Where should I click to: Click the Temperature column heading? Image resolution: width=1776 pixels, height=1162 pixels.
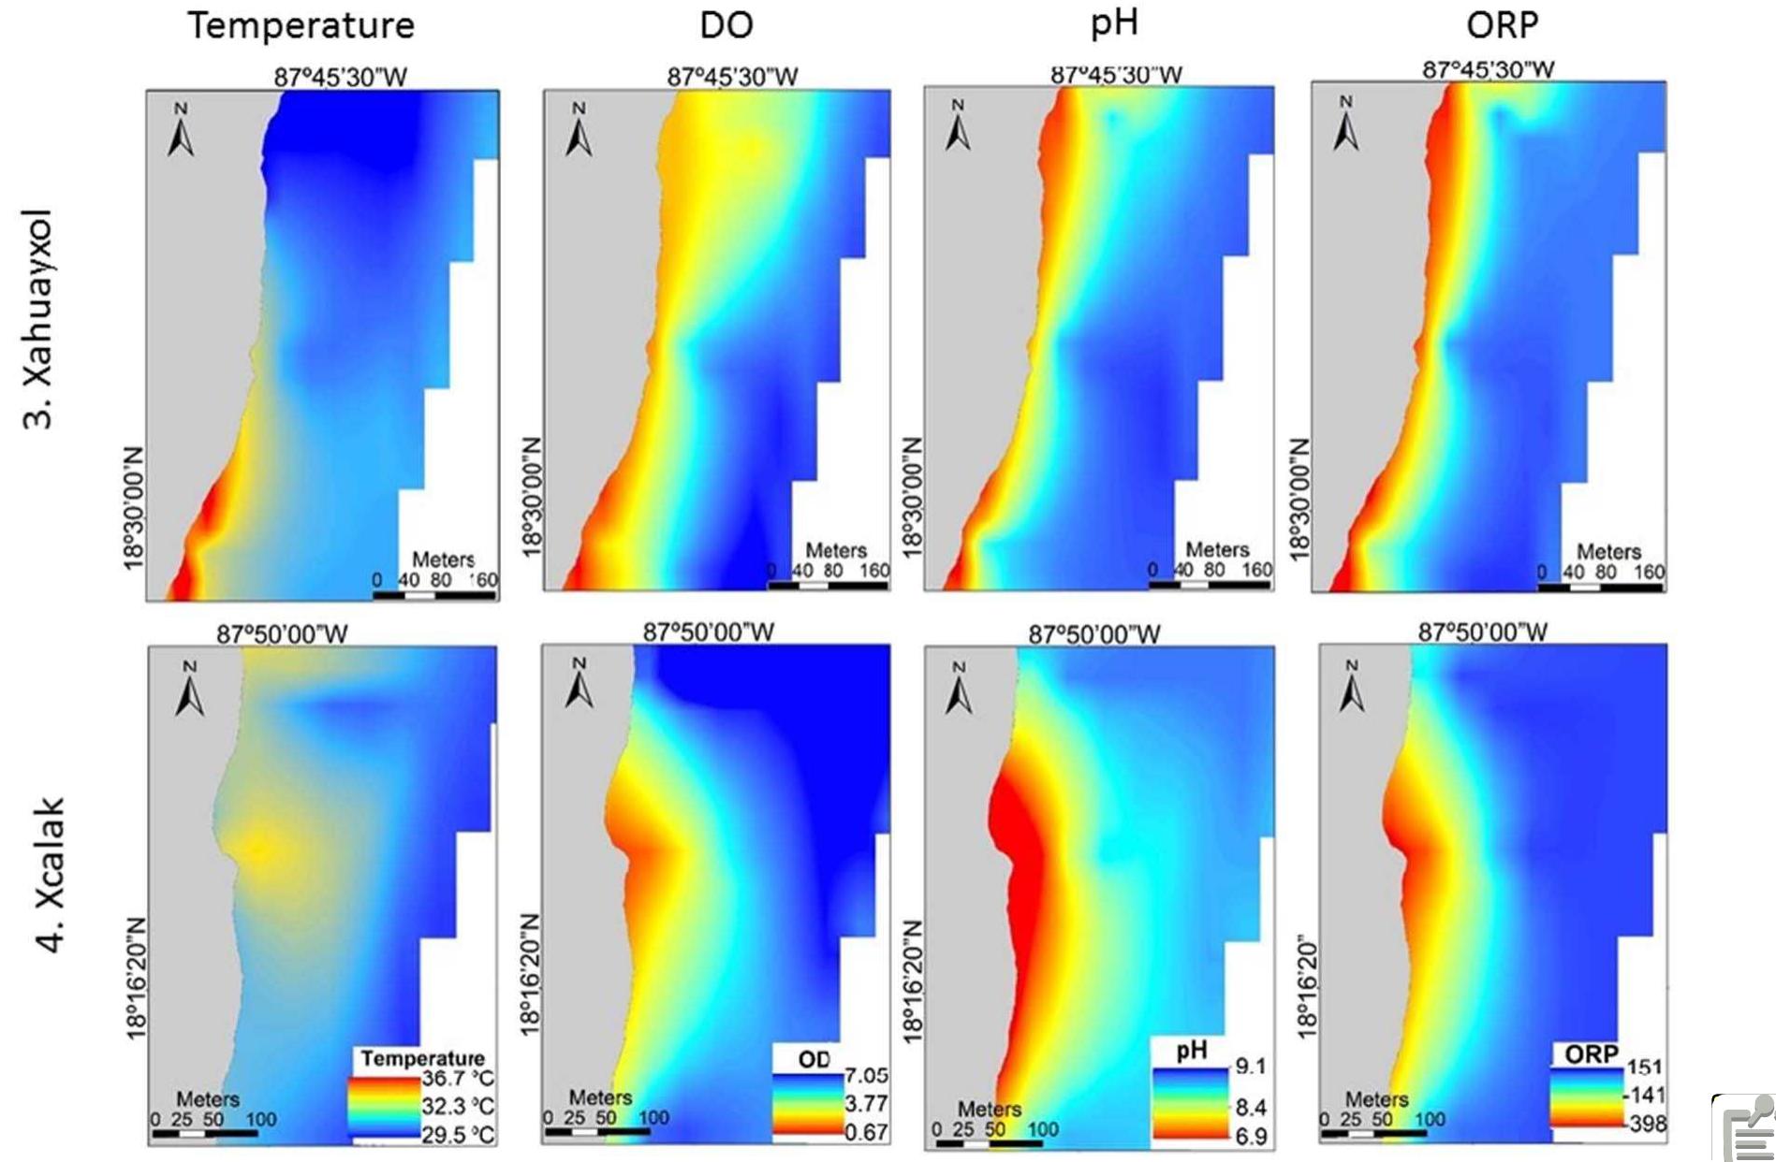click(x=301, y=25)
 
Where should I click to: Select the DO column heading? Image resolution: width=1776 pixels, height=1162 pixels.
click(x=727, y=25)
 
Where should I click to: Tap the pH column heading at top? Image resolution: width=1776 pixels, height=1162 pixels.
click(x=1114, y=22)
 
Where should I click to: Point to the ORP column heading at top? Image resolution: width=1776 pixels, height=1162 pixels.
click(x=1502, y=25)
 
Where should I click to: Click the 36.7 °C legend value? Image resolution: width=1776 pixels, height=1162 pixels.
click(x=458, y=1080)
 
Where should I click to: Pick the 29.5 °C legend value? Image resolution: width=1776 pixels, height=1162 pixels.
click(x=458, y=1135)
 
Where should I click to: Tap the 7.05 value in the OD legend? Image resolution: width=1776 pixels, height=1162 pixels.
click(x=866, y=1076)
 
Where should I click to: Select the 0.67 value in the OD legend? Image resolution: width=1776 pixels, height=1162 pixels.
click(x=866, y=1132)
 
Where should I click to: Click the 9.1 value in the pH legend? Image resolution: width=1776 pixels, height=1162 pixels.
click(x=1251, y=1066)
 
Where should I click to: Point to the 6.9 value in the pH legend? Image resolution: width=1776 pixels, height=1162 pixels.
click(x=1251, y=1137)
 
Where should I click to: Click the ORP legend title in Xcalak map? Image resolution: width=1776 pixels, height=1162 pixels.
click(x=1592, y=1054)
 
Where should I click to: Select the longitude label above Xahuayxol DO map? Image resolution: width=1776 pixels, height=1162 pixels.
click(x=732, y=77)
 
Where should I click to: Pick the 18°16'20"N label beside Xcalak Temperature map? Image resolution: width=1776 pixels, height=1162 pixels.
click(x=137, y=978)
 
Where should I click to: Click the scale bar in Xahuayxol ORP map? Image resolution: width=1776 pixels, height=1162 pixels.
click(x=1600, y=588)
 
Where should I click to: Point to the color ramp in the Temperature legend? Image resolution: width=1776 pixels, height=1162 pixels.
click(x=383, y=1107)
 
